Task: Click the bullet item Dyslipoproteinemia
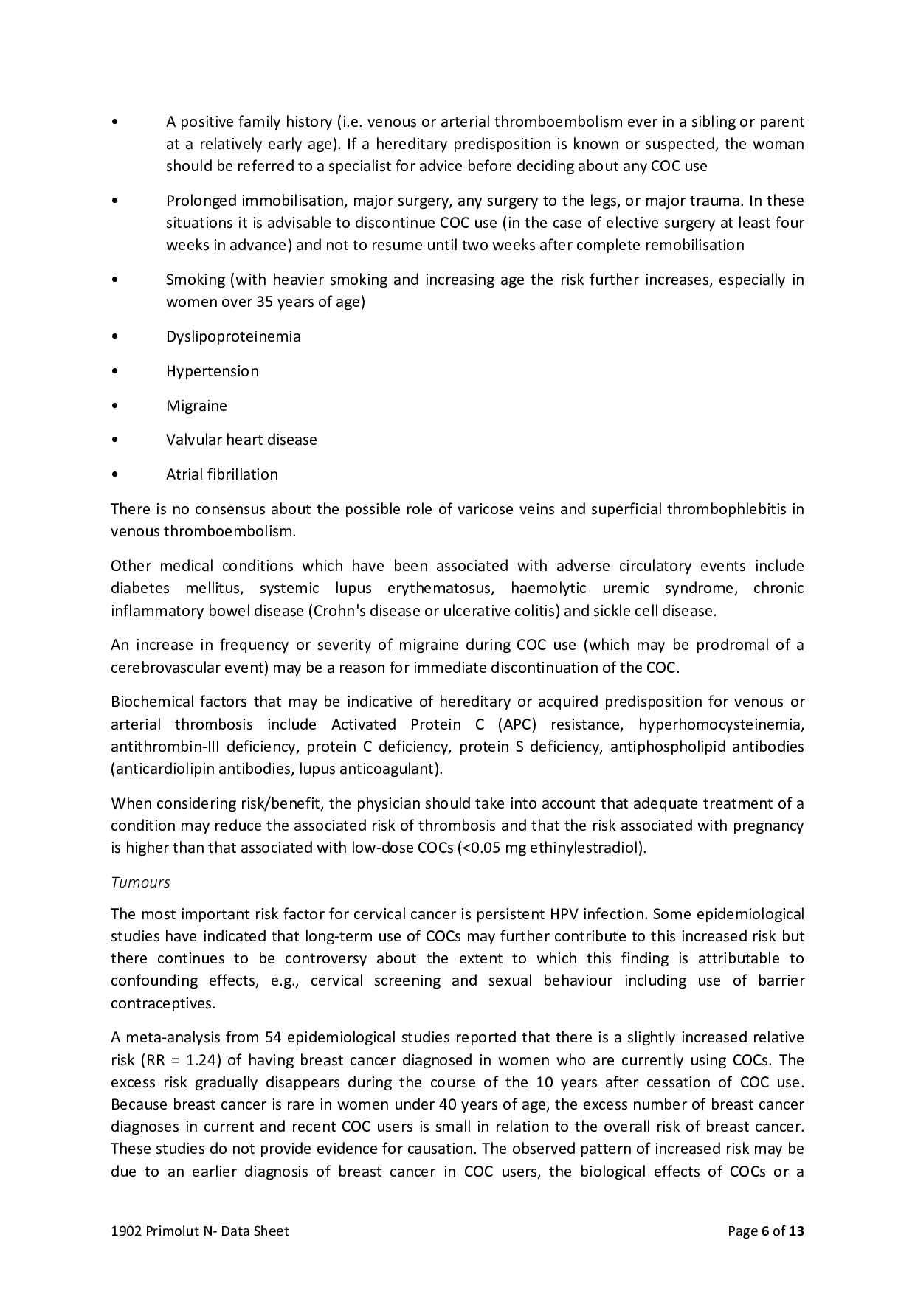pos(233,336)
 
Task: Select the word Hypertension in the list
pos(213,371)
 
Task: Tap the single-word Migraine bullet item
pos(196,406)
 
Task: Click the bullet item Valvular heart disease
pos(241,440)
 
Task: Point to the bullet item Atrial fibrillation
pos(222,474)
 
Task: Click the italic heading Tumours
pos(140,882)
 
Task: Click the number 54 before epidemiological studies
pos(273,1038)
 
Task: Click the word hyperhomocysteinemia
pos(721,724)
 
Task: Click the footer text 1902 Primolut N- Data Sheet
pos(200,1231)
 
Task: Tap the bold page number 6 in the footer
pos(766,1231)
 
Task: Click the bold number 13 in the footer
pos(796,1231)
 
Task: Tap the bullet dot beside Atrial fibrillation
pos(114,475)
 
